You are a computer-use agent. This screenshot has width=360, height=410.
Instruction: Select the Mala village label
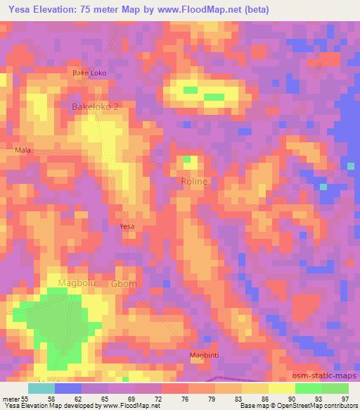(22, 150)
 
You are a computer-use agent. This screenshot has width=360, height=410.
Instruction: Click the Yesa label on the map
(127, 226)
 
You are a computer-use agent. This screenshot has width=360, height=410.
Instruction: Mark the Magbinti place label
(205, 355)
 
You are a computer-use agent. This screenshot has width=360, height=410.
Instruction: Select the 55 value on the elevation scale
(25, 399)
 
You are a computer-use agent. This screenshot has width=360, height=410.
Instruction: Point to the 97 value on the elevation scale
(345, 399)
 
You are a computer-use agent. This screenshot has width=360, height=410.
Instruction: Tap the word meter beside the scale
(11, 399)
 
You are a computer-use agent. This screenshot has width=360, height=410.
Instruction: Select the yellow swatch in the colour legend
(281, 388)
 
